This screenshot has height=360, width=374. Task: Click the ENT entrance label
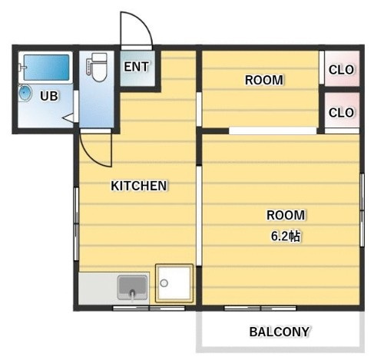tap(136, 67)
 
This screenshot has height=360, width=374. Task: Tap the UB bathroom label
tap(49, 96)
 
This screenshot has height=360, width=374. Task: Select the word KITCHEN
tap(139, 186)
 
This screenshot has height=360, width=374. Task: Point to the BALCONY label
tap(280, 332)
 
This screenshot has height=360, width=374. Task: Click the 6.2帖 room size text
tap(286, 236)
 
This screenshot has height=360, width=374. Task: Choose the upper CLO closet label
tap(341, 70)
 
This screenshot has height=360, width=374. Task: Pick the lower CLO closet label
tap(341, 113)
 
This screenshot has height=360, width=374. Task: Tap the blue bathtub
tap(46, 68)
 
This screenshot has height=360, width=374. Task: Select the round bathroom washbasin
tap(25, 93)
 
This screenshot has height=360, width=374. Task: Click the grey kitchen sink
tap(132, 288)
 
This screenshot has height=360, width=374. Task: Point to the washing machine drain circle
tap(164, 283)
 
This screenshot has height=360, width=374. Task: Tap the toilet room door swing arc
tap(93, 156)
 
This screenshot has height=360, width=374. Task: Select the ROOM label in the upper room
tap(264, 80)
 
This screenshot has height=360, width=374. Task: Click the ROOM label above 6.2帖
tap(286, 215)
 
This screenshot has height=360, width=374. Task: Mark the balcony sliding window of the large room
tap(260, 308)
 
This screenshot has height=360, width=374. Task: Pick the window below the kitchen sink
tap(149, 308)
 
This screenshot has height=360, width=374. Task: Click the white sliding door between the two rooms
tap(273, 130)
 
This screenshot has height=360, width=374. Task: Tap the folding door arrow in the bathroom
tap(68, 118)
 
